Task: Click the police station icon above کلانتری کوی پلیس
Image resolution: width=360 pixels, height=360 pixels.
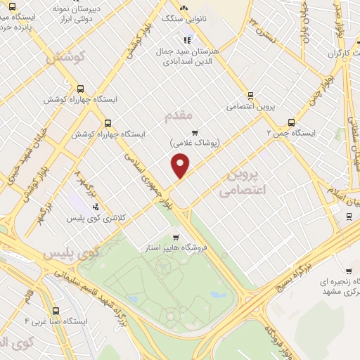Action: [96, 206]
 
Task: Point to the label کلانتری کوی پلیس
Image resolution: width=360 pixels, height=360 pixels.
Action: [96, 219]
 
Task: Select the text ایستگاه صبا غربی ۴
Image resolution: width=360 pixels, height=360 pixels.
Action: [56, 321]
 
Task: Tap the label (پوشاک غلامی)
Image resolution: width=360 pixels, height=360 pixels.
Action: [195, 143]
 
